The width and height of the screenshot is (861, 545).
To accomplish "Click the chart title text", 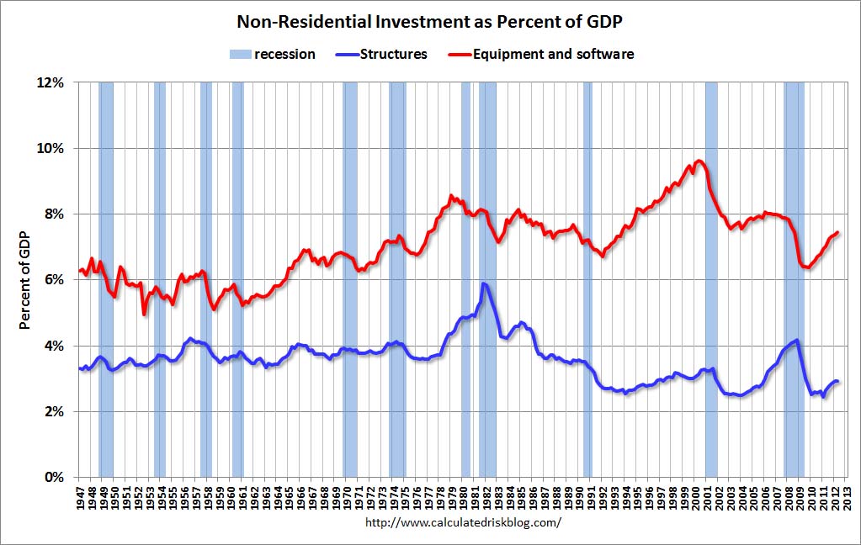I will [431, 20].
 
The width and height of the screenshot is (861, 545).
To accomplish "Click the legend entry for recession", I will [272, 54].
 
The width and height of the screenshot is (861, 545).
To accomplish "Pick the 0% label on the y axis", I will [53, 477].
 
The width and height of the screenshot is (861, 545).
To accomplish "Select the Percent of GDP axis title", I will [25, 280].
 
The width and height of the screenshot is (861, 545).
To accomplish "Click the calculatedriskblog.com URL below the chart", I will [463, 522].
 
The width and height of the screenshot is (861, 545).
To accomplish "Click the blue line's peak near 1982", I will [483, 283].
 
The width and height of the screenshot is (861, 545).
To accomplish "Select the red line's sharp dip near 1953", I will [145, 314].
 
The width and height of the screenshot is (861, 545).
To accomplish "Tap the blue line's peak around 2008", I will [796, 340].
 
